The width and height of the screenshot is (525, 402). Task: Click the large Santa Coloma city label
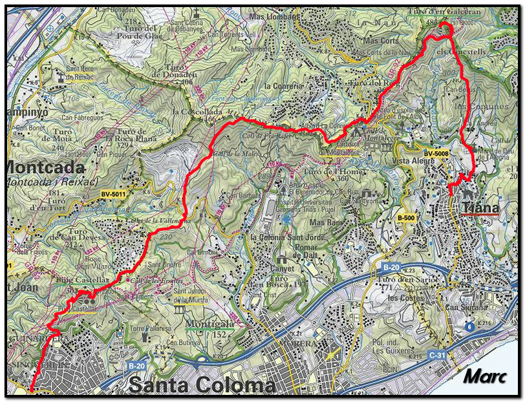(202, 385)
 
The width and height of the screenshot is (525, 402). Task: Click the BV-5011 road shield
(113, 193)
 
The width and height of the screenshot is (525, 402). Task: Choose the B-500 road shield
(405, 218)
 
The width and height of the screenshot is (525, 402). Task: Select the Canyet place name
(281, 268)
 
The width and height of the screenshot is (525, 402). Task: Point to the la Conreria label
(284, 85)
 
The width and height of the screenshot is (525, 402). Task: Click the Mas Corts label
(381, 40)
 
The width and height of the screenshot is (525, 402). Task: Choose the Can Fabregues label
(82, 118)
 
